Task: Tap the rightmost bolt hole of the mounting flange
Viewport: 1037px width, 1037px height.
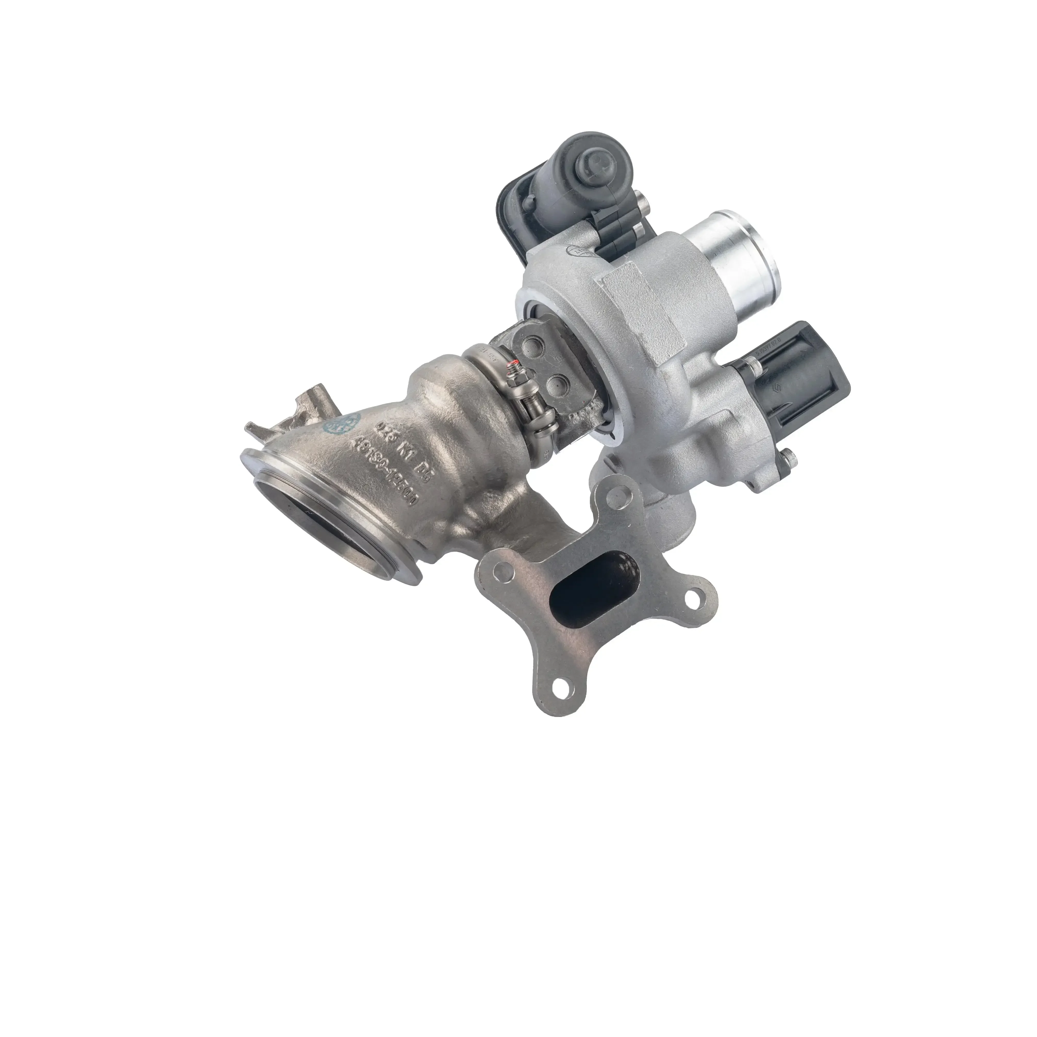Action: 697,595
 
